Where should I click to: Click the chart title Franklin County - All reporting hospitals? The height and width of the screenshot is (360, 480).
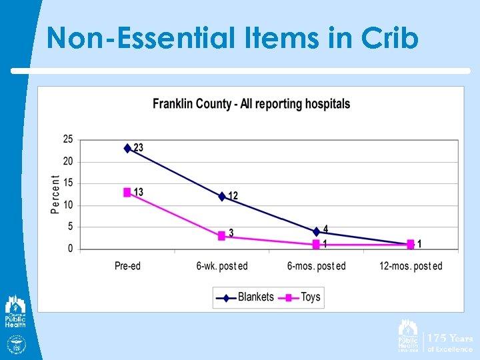click(x=251, y=104)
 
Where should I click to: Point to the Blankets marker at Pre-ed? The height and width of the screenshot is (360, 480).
click(x=128, y=148)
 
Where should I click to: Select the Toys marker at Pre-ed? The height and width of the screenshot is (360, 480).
click(x=128, y=192)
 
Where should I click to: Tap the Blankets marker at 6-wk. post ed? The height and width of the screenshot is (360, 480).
click(x=222, y=196)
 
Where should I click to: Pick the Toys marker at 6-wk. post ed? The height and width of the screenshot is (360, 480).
click(x=222, y=236)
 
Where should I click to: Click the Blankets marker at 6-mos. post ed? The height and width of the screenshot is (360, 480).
click(x=316, y=231)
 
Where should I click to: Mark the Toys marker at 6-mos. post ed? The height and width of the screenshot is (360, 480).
click(x=316, y=245)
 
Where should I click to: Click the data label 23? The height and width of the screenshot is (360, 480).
click(x=139, y=147)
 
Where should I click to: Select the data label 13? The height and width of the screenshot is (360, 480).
click(x=139, y=192)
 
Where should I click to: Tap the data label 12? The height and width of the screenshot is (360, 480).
click(x=233, y=196)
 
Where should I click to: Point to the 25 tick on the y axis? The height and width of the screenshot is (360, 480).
click(x=68, y=139)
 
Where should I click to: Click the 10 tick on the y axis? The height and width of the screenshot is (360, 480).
click(x=68, y=205)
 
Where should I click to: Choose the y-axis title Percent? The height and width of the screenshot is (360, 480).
click(x=55, y=195)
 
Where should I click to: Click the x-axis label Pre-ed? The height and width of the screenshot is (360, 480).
click(x=128, y=266)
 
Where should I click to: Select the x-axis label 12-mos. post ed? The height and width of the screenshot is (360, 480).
click(x=411, y=266)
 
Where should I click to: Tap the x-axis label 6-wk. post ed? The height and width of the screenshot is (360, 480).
click(x=222, y=266)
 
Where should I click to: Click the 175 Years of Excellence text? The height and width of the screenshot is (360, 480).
click(x=450, y=343)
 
